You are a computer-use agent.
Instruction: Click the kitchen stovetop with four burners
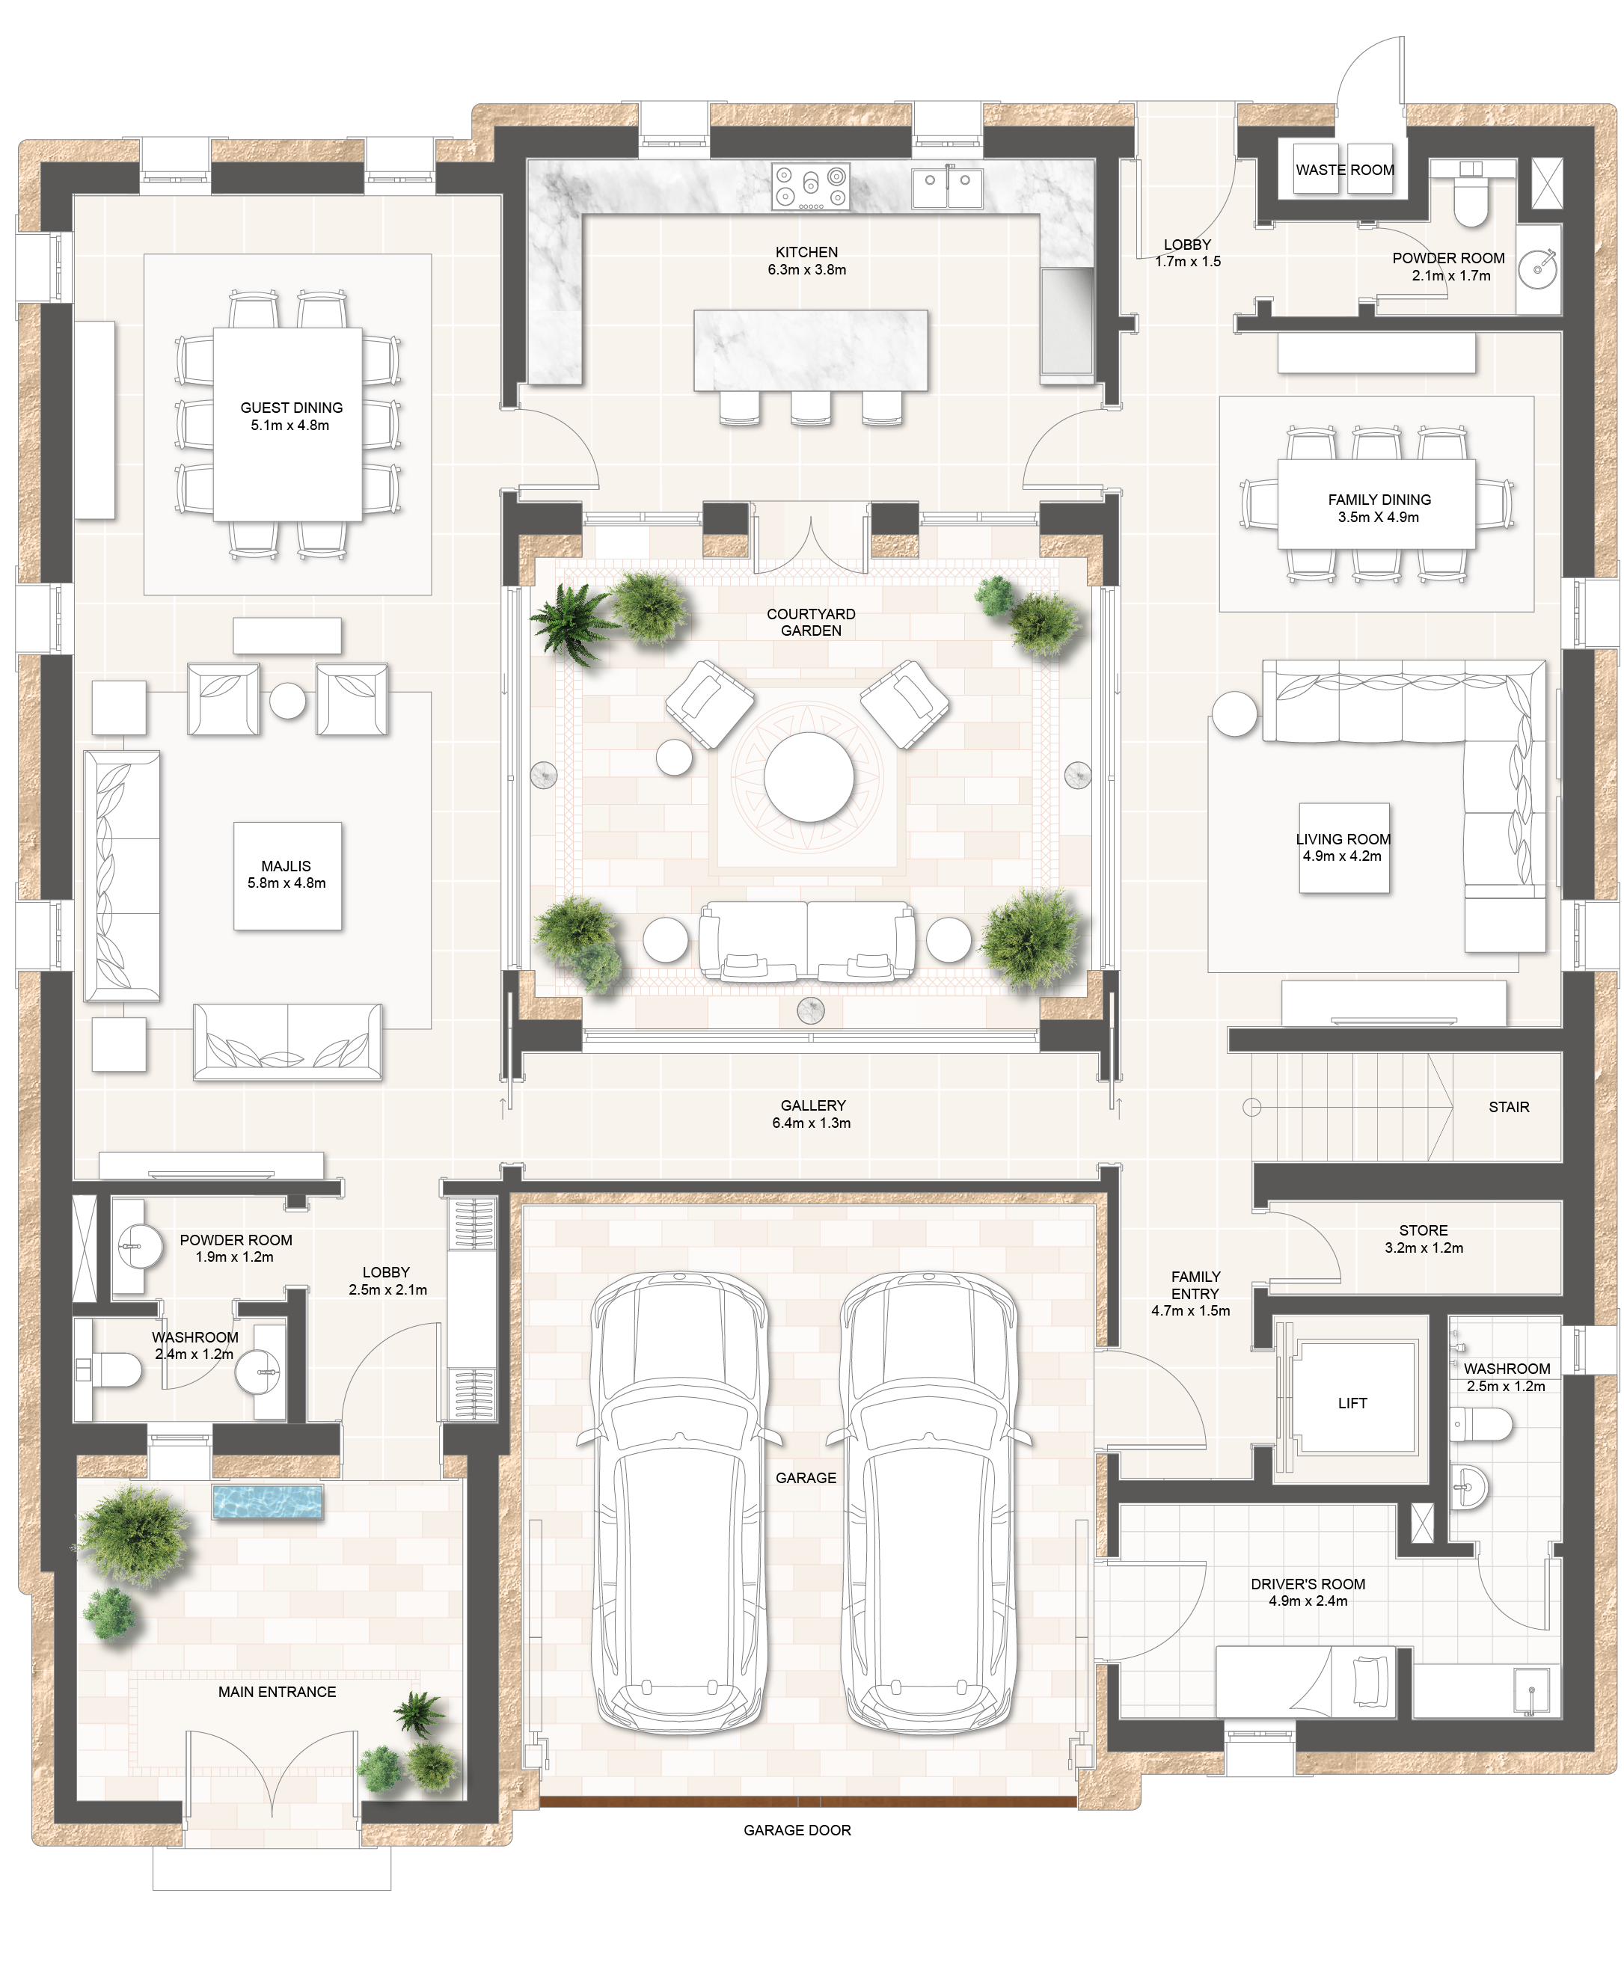(x=811, y=186)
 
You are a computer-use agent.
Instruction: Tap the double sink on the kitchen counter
(x=948, y=185)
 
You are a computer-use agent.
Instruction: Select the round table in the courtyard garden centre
(x=809, y=776)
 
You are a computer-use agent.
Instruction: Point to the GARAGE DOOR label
(x=797, y=1829)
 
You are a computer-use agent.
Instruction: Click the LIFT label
(x=1352, y=1403)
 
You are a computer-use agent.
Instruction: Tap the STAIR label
(x=1508, y=1107)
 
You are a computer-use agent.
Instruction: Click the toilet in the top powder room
(x=1471, y=201)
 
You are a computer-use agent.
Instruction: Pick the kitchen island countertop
(x=810, y=350)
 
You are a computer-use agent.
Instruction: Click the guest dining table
(x=287, y=424)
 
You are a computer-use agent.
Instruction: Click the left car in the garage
(x=680, y=1506)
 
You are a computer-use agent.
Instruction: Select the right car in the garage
(x=930, y=1506)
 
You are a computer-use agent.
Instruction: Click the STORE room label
(x=1423, y=1230)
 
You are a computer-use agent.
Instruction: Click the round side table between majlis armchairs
(x=288, y=700)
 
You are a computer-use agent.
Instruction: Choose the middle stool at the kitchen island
(x=810, y=407)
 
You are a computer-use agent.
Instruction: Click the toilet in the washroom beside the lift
(x=1486, y=1426)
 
